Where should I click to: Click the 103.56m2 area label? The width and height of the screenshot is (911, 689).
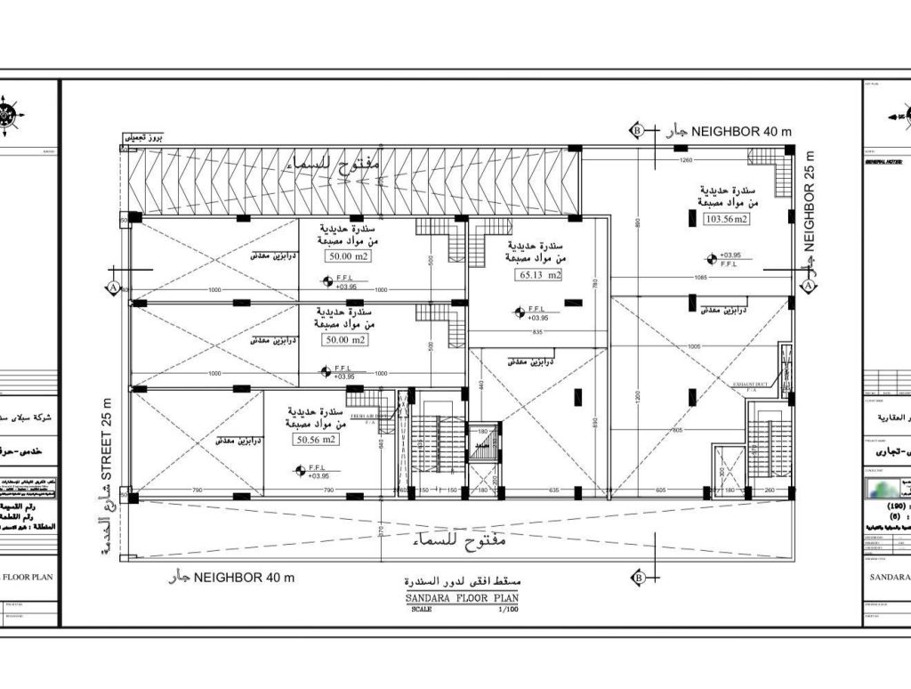coord(727,219)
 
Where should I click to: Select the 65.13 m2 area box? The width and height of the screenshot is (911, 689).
coord(540,275)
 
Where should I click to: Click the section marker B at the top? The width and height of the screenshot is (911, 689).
coord(637,131)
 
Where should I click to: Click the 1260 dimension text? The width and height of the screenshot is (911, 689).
coord(686,160)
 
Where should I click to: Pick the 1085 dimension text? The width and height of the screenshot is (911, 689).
coord(701,278)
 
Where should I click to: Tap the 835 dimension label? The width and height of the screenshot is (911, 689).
coord(537,332)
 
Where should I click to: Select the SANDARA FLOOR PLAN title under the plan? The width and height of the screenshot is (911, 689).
coord(455,599)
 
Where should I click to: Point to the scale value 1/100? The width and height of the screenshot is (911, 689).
coord(507,610)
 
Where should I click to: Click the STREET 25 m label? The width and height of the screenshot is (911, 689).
coord(108,444)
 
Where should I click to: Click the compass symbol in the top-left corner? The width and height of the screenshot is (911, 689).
coord(11,115)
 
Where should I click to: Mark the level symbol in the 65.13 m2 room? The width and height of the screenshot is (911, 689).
coord(520,312)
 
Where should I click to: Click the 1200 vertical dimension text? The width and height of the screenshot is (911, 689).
coord(612,395)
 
